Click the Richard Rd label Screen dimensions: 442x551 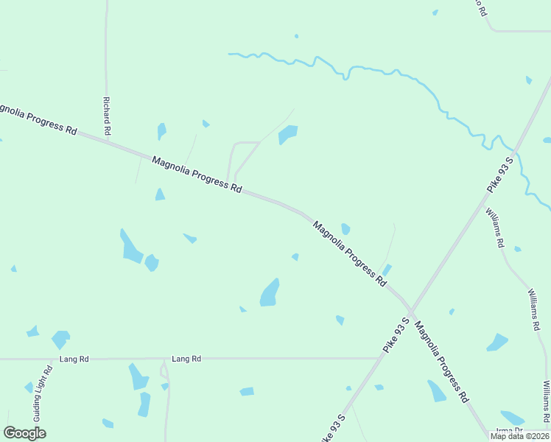[107, 116]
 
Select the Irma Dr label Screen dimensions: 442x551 [509, 430]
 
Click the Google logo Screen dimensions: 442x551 [24, 433]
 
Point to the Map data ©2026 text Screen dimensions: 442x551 [519, 436]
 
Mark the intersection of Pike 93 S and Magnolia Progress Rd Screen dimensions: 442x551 [410, 310]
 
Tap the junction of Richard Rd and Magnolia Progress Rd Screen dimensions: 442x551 [107, 139]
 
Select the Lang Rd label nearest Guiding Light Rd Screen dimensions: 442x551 [74, 359]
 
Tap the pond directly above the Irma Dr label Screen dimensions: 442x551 [512, 418]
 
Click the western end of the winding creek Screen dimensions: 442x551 [230, 54]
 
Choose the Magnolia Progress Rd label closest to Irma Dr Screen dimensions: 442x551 [440, 362]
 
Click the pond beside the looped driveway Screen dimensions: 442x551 [287, 134]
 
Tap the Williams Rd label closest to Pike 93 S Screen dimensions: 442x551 [494, 227]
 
